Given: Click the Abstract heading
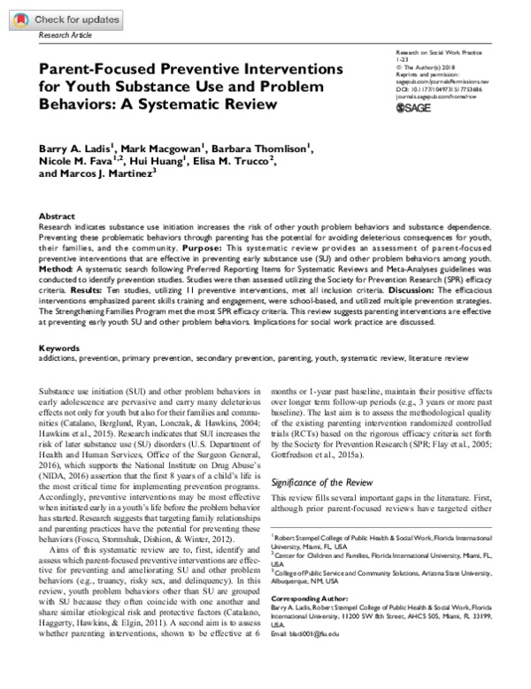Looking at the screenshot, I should coord(57,216).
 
